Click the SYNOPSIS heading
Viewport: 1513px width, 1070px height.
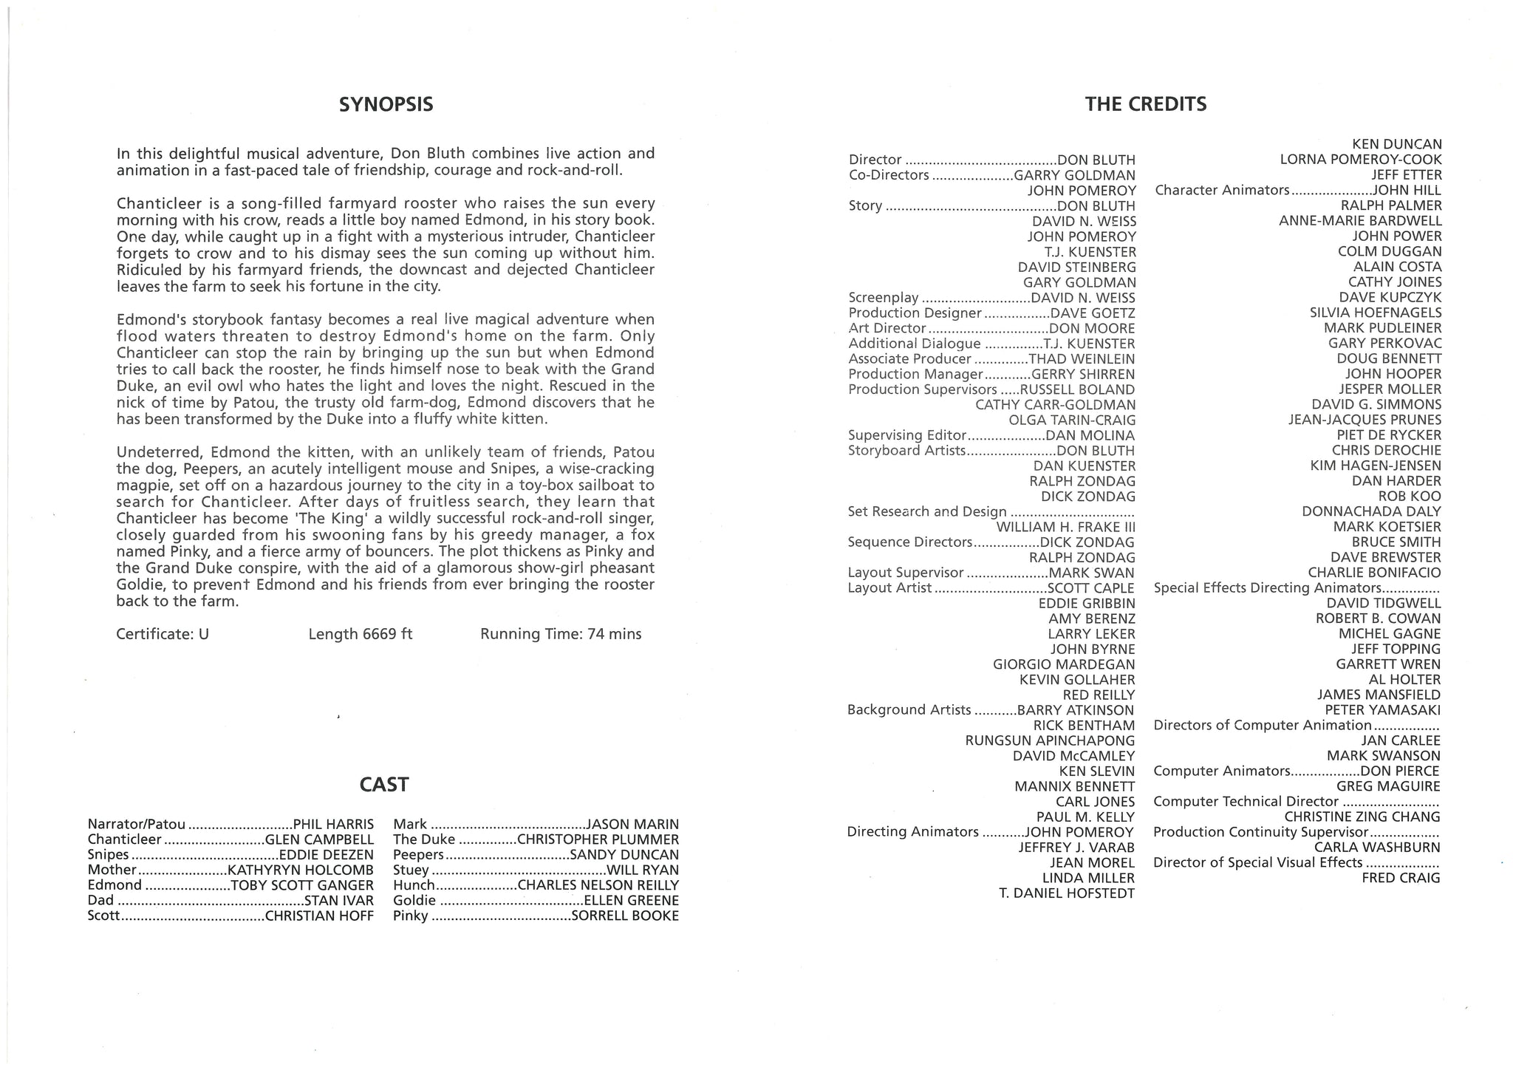[x=386, y=105]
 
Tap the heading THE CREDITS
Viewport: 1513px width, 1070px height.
[x=1145, y=105]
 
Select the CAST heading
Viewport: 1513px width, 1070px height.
[x=384, y=785]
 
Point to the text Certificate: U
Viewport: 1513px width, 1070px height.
[x=163, y=634]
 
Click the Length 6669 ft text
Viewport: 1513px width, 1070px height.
[x=361, y=634]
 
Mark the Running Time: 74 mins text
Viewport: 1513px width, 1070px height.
[x=561, y=634]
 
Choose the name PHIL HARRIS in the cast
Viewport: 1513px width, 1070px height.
[x=334, y=824]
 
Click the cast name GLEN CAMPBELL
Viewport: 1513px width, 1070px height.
[x=319, y=839]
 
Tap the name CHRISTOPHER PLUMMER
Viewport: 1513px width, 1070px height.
[x=598, y=839]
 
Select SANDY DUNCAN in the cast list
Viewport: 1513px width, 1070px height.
[x=624, y=855]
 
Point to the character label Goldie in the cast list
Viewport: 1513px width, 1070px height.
[x=414, y=901]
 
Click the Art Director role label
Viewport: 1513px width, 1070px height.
[x=887, y=328]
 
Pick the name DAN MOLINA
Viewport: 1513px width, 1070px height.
[x=1090, y=436]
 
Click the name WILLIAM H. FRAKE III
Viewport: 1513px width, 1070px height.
[x=1066, y=527]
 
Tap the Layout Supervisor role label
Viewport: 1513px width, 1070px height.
[x=906, y=573]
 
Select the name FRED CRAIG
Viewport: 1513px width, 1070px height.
[x=1401, y=878]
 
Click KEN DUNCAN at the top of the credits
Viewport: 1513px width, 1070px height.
[x=1396, y=144]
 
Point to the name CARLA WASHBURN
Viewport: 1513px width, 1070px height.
[x=1377, y=848]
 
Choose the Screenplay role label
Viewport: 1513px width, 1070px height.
[x=884, y=298]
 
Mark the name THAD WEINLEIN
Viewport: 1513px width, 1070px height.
[x=1082, y=359]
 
